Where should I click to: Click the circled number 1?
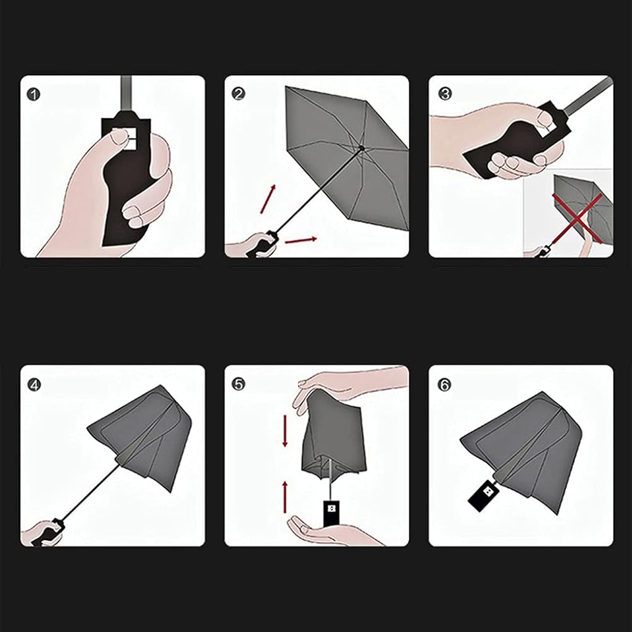coord(34,94)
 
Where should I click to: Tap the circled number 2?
coord(238,94)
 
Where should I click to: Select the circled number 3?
coord(445,94)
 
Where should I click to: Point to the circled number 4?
coord(35,385)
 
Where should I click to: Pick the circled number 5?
coord(238,384)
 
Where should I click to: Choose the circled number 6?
coord(444,385)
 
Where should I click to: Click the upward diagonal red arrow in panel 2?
coord(268,199)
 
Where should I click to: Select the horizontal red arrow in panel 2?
coord(301,240)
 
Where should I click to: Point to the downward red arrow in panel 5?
coord(285,430)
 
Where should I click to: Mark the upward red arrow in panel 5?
coord(285,497)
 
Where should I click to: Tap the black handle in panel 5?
coord(331,513)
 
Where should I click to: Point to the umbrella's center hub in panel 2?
coord(361,148)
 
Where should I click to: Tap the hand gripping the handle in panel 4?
coord(40,533)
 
